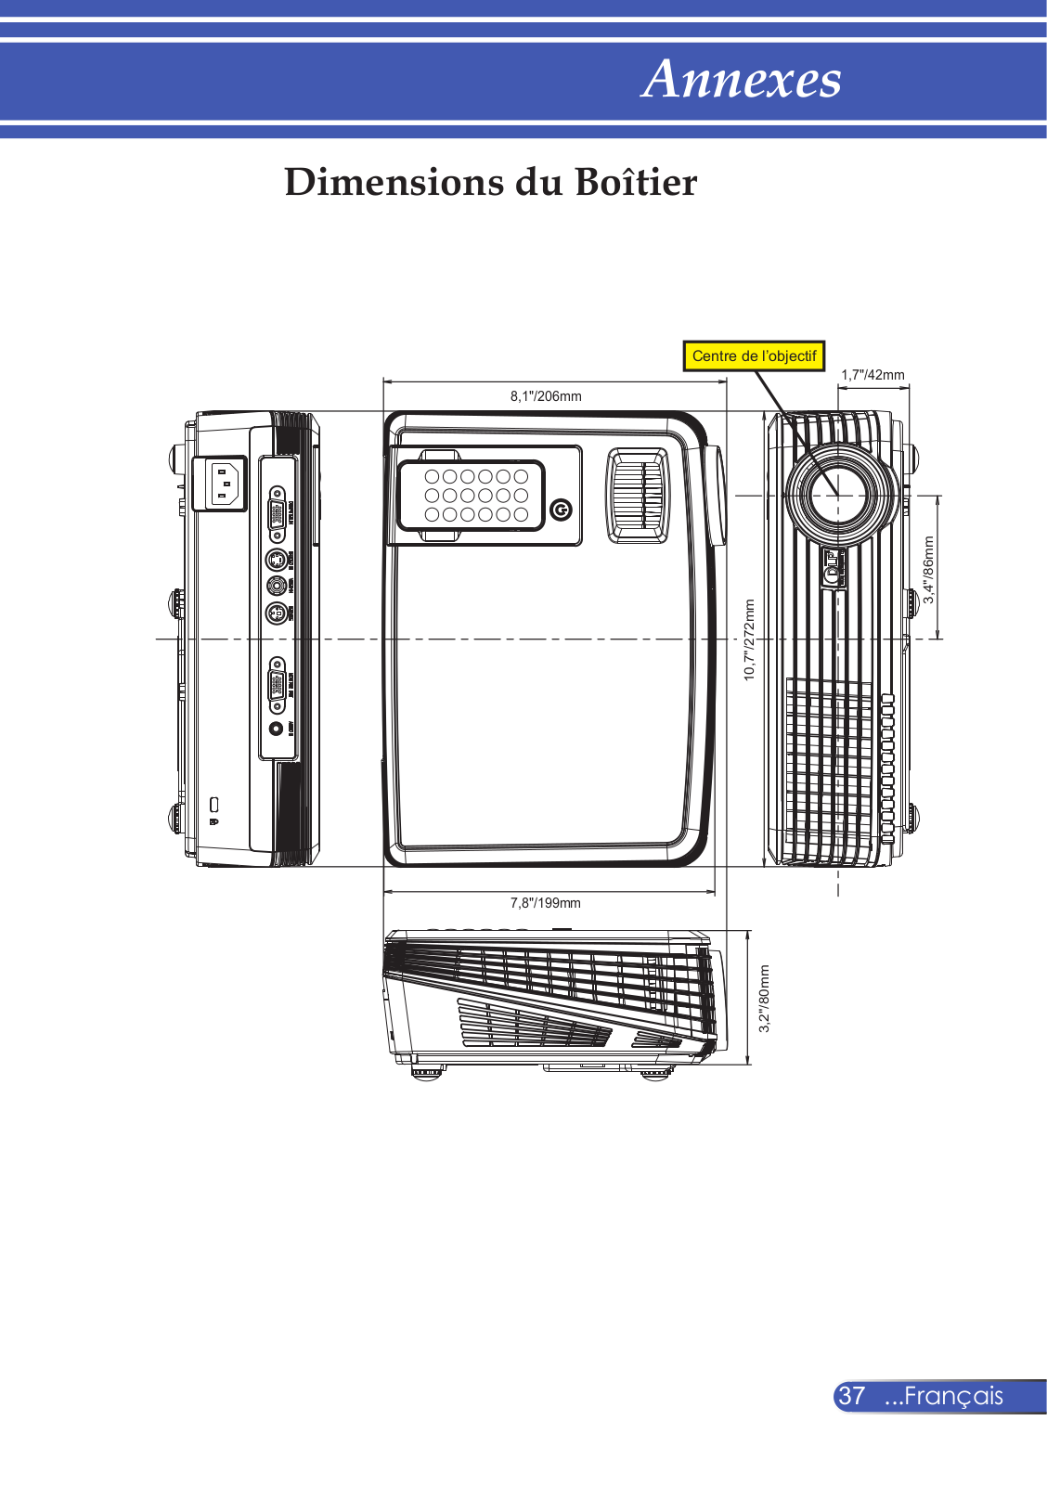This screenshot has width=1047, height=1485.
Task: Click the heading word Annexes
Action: tap(741, 79)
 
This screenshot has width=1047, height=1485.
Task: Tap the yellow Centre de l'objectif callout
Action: tap(754, 356)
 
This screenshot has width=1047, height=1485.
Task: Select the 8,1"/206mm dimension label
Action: tap(546, 396)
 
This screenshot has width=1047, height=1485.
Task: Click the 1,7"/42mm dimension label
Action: tap(872, 375)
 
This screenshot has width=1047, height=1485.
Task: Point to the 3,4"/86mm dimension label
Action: tap(928, 570)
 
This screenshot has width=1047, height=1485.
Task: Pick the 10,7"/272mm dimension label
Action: tap(750, 639)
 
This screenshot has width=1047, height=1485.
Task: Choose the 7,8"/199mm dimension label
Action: tap(546, 903)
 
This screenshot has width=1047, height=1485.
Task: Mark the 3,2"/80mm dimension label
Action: tap(765, 998)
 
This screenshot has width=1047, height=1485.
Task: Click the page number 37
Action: tap(852, 1396)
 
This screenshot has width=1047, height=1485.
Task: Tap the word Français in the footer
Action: tap(953, 1396)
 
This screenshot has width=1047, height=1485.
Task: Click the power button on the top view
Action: tap(561, 510)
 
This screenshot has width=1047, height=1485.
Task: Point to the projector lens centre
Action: tap(838, 495)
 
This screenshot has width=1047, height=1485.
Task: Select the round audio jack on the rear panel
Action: tap(276, 728)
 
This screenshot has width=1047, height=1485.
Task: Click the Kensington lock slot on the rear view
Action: tap(214, 804)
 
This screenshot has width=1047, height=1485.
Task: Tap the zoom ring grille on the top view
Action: tap(637, 495)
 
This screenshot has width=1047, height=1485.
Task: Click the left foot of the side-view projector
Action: tap(428, 1072)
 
